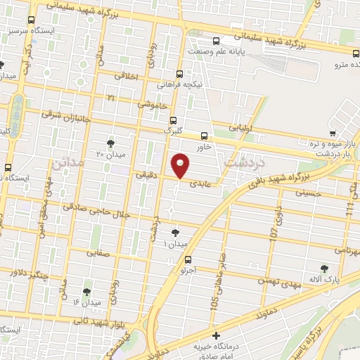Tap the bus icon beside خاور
[x=205, y=136]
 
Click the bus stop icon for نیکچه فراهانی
[x=179, y=74]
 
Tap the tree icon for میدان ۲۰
[x=110, y=143]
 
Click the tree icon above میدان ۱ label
[x=175, y=233]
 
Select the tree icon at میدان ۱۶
[x=86, y=291]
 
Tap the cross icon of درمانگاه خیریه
[x=217, y=336]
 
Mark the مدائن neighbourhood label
[x=67, y=163]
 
